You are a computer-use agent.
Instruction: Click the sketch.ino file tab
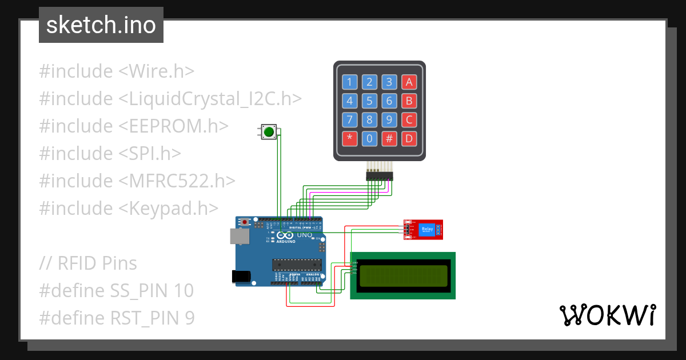click(x=101, y=25)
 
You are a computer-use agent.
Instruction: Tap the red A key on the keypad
click(x=408, y=82)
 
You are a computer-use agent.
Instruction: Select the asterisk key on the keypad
click(x=350, y=138)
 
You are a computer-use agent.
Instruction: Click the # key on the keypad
click(x=389, y=138)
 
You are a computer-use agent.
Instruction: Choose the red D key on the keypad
click(x=408, y=138)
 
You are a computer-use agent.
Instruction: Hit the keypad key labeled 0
click(x=369, y=138)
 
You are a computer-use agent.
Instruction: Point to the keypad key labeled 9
click(x=389, y=119)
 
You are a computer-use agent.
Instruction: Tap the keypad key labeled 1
click(x=350, y=82)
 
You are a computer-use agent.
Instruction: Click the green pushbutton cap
click(x=269, y=132)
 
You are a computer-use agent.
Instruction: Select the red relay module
click(x=422, y=230)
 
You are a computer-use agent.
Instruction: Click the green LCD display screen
click(x=402, y=275)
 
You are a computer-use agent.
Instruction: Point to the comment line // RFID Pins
click(x=88, y=263)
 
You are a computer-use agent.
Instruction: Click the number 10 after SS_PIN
click(x=184, y=291)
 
